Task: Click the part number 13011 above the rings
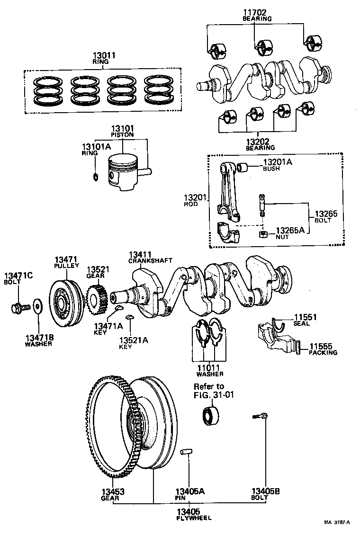tap(104, 55)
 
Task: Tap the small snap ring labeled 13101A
tap(95, 177)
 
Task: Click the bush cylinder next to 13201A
tap(243, 167)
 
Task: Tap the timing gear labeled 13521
tap(97, 299)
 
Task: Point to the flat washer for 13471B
tap(37, 304)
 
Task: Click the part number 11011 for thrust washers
tap(209, 367)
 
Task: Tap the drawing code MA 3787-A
tap(337, 523)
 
